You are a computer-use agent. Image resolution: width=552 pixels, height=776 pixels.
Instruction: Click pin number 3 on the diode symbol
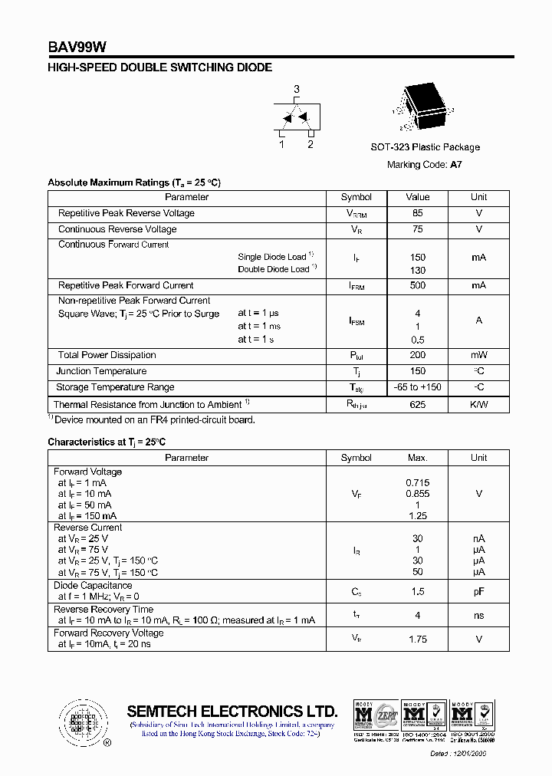297,90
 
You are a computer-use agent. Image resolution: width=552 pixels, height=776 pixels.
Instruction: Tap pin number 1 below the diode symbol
281,144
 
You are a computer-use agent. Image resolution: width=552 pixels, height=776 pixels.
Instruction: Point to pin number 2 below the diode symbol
310,144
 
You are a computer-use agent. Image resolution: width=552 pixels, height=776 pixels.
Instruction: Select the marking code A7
456,164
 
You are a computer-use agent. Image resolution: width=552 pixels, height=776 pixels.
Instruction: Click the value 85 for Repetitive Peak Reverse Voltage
417,213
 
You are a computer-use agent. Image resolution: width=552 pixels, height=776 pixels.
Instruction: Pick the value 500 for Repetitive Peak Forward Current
417,285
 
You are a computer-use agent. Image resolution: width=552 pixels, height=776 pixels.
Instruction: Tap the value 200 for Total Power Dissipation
417,355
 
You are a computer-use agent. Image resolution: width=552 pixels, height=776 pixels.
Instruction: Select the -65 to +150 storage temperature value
417,387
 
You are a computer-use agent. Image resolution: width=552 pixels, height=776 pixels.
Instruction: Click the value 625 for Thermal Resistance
417,404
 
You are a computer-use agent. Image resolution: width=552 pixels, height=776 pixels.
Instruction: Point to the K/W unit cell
478,404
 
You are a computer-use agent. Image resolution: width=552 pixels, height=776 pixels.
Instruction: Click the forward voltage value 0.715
417,483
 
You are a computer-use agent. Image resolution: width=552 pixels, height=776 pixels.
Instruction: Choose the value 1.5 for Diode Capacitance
417,591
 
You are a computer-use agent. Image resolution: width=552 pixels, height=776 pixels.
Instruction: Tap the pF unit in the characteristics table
478,591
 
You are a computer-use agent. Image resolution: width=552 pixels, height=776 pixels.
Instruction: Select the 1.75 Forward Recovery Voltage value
417,639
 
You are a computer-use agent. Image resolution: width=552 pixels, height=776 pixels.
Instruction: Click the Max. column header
417,458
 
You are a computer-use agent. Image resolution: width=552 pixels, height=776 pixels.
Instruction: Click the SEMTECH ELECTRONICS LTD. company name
232,711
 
